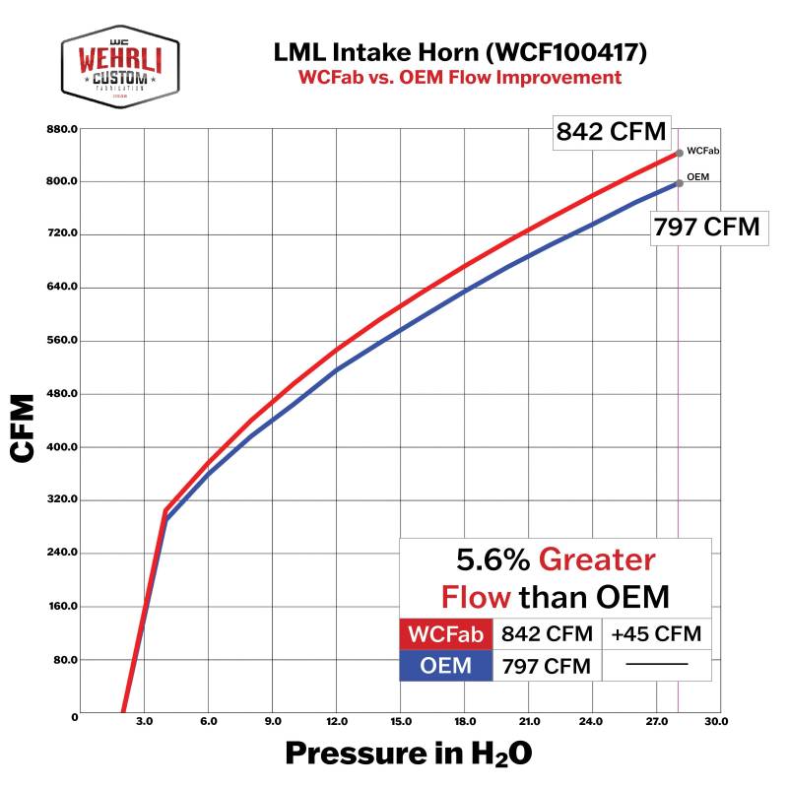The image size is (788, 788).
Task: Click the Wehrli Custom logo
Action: tap(120, 67)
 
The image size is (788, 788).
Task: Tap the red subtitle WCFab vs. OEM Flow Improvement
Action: tap(461, 77)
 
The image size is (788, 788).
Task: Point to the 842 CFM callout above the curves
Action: tap(612, 131)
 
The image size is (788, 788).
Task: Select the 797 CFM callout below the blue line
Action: tap(706, 228)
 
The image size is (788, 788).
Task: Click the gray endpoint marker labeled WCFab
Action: tap(680, 153)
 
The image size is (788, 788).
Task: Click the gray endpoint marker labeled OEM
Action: tap(680, 183)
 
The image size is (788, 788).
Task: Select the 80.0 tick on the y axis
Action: tap(66, 660)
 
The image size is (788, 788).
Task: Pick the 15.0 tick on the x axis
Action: tap(401, 723)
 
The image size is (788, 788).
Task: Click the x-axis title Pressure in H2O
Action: tap(409, 754)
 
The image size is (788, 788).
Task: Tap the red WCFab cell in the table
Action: tap(445, 633)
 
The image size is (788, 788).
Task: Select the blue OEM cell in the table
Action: tap(445, 666)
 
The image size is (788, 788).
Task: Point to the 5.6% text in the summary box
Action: tap(492, 560)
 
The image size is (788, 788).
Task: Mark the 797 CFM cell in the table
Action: tap(547, 666)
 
